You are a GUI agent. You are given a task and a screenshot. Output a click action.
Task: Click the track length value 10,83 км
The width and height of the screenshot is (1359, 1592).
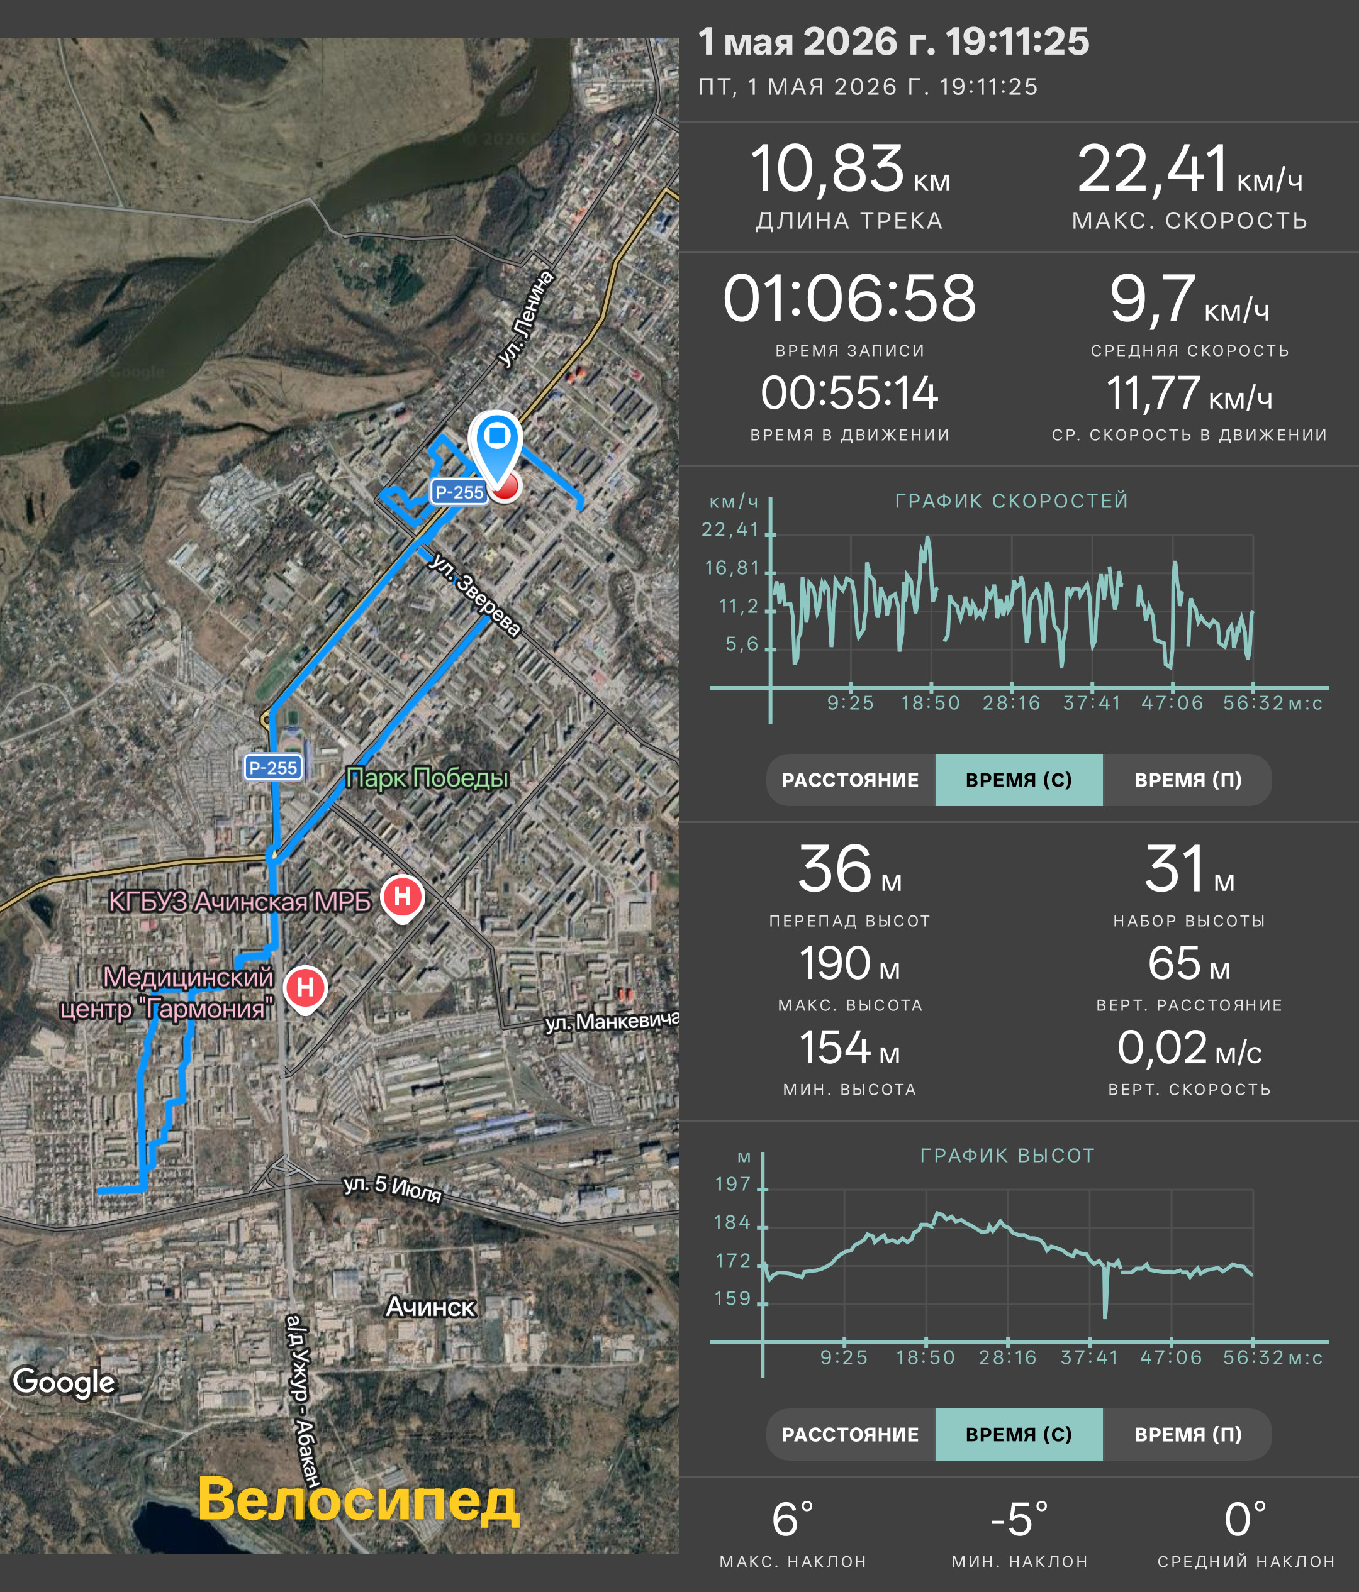[x=849, y=169]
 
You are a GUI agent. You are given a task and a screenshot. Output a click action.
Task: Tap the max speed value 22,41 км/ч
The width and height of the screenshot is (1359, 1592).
[x=1189, y=169]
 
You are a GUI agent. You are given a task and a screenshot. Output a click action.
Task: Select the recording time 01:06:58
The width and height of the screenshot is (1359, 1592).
[x=849, y=298]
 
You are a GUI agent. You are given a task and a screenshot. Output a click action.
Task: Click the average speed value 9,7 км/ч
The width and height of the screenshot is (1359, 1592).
[x=1189, y=298]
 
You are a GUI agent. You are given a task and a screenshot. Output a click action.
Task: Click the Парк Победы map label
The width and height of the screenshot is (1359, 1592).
[x=427, y=778]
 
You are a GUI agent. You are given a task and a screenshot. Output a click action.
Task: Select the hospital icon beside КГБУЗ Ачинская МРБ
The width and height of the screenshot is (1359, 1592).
[x=402, y=897]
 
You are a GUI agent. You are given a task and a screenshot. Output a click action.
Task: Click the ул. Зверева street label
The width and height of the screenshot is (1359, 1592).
[x=474, y=594]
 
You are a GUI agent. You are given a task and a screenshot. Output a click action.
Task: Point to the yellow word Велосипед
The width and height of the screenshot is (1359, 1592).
[x=358, y=1501]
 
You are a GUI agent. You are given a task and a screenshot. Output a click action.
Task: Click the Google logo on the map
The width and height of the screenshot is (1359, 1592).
[x=64, y=1381]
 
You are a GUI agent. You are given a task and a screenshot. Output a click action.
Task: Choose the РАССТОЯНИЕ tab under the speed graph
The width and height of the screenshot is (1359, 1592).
[x=850, y=780]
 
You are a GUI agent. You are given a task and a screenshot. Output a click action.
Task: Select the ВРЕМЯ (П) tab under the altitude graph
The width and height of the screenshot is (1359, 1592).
[x=1188, y=1434]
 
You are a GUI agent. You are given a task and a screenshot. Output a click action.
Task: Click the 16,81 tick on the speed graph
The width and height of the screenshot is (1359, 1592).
[x=732, y=568]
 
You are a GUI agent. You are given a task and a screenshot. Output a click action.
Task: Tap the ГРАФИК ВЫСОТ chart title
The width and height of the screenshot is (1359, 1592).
[x=1007, y=1156]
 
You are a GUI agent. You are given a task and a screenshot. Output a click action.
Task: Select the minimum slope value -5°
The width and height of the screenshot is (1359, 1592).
[x=1019, y=1519]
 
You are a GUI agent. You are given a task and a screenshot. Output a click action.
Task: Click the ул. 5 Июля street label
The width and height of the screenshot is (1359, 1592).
[x=392, y=1188]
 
